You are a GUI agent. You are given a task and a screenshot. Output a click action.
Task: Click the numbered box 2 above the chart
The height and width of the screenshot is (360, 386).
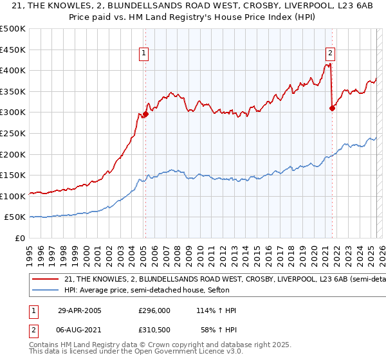(x=330, y=54)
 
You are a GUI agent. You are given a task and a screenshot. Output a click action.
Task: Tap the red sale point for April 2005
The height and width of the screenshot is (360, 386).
(x=145, y=114)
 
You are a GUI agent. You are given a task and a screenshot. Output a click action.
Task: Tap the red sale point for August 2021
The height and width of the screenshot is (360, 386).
(x=332, y=108)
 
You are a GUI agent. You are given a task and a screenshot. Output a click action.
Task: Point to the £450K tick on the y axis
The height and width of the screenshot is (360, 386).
(x=13, y=50)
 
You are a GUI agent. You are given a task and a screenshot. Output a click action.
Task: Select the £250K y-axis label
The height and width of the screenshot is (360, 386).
(x=13, y=133)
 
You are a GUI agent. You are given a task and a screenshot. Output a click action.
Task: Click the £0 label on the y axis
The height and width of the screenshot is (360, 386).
(x=20, y=239)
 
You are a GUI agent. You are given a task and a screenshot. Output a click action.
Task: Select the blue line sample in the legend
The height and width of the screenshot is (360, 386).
(x=45, y=289)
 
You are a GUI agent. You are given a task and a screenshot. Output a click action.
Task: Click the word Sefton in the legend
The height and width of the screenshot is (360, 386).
(x=226, y=289)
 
